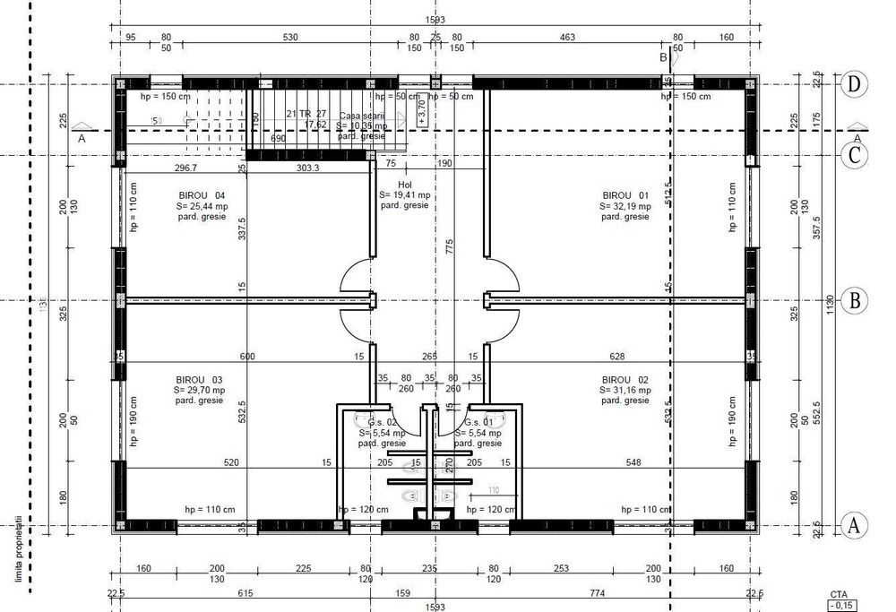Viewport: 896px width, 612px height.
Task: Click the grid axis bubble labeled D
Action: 856,84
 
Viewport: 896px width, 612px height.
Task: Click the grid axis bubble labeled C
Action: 856,155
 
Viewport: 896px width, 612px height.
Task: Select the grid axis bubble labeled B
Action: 856,300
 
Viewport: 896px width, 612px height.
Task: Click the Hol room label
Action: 405,184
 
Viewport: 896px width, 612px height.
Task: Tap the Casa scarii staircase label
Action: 362,116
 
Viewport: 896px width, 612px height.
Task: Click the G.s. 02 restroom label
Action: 382,421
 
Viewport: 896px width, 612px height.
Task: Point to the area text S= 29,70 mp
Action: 200,391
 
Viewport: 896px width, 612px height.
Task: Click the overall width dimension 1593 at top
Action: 436,19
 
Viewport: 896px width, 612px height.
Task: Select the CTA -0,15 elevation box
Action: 840,600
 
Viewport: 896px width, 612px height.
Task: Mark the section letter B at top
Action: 664,57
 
